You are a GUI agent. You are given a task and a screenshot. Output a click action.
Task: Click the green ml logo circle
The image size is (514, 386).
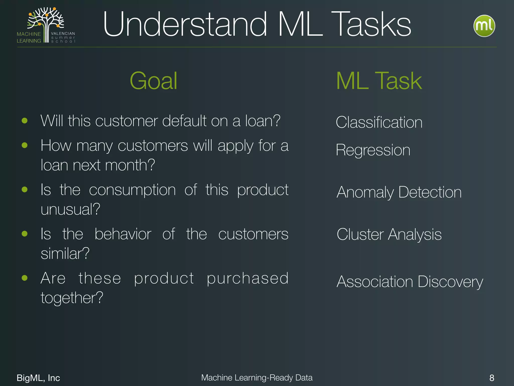[484, 26]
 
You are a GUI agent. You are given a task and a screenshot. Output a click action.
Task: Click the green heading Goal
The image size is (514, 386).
[153, 81]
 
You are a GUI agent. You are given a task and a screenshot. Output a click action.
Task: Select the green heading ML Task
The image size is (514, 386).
[379, 81]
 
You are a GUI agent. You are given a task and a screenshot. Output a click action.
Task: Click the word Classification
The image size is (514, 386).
[379, 122]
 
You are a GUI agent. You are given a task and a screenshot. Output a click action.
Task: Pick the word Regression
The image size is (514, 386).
[373, 150]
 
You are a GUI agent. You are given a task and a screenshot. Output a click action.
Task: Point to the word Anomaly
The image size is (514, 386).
[365, 192]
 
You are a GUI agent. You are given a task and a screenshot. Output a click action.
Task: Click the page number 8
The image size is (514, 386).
[492, 378]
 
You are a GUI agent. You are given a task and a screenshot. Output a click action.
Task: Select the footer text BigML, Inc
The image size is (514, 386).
[38, 378]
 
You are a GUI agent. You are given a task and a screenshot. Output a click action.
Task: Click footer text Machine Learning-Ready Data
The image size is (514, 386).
[257, 377]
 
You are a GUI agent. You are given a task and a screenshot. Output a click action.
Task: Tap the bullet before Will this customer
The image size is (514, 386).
[25, 121]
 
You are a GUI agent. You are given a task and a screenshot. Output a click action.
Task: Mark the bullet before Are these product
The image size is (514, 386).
[25, 278]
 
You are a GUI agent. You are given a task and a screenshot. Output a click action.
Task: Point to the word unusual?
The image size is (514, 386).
[70, 209]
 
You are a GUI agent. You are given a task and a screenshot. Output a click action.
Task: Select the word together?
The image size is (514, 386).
[72, 298]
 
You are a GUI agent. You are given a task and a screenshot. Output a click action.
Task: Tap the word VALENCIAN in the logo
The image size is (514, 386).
[63, 33]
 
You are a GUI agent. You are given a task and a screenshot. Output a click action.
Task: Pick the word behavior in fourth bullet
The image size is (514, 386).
[123, 234]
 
